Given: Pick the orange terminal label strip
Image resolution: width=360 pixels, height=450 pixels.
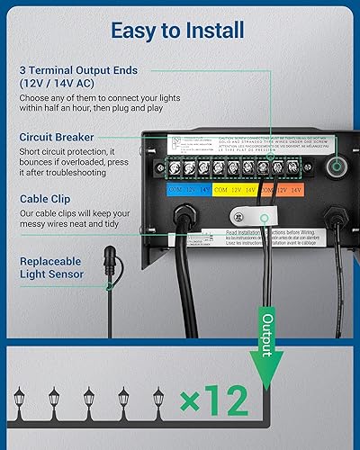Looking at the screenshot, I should coord(289,190).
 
